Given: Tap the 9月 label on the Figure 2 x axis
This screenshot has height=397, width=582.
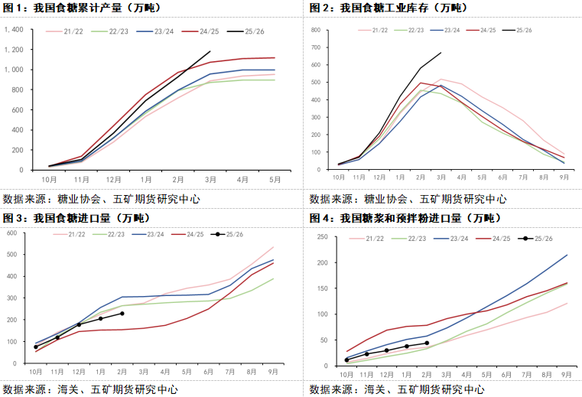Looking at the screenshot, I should click(564, 177).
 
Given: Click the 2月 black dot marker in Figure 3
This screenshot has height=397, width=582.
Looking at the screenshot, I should click(122, 314).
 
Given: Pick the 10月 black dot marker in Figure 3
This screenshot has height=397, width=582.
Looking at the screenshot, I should click(36, 347).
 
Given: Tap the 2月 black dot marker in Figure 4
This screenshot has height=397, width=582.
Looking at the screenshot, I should click(427, 343).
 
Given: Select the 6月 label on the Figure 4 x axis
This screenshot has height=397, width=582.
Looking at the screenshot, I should click(506, 375).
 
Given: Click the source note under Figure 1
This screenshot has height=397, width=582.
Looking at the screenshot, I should click(102, 198).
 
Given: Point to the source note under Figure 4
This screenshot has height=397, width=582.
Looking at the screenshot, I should click(397, 389).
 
